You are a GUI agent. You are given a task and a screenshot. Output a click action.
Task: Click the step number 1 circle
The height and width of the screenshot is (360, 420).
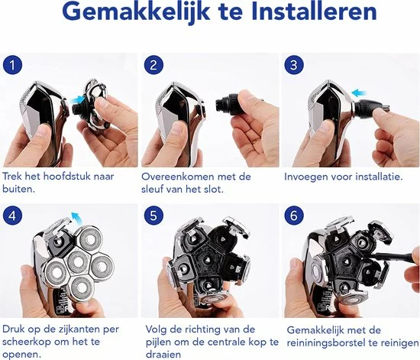tap(12, 65)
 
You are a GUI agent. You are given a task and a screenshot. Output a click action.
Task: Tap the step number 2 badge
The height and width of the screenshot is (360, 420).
tap(153, 65)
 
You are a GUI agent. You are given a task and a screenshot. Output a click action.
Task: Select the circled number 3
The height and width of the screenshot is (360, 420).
tap(294, 65)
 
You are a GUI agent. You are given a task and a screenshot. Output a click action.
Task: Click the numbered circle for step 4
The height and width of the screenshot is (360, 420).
tap(12, 216)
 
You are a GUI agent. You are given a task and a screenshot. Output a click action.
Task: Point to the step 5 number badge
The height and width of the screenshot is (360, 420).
tap(153, 216)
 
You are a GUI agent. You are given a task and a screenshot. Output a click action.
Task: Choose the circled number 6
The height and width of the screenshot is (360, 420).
tap(294, 216)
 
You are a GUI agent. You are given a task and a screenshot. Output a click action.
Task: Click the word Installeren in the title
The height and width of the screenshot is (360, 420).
tap(315, 12)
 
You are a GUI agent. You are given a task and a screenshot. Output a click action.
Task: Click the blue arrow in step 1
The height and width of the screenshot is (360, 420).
tap(76, 100)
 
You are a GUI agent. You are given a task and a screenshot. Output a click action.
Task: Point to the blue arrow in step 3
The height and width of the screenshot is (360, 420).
tap(359, 93)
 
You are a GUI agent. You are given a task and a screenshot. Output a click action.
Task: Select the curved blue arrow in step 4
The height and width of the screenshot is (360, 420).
tap(76, 216)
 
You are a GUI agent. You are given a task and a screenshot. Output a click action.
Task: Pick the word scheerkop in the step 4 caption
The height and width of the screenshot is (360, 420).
tap(27, 342)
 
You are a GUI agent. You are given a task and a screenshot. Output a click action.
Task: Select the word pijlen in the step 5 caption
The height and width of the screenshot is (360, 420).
tap(158, 342)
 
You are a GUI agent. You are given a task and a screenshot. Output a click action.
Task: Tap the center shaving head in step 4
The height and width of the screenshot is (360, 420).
tap(78, 261)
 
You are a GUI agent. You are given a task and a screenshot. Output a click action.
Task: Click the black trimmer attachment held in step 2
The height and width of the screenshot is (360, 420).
tap(227, 103)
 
